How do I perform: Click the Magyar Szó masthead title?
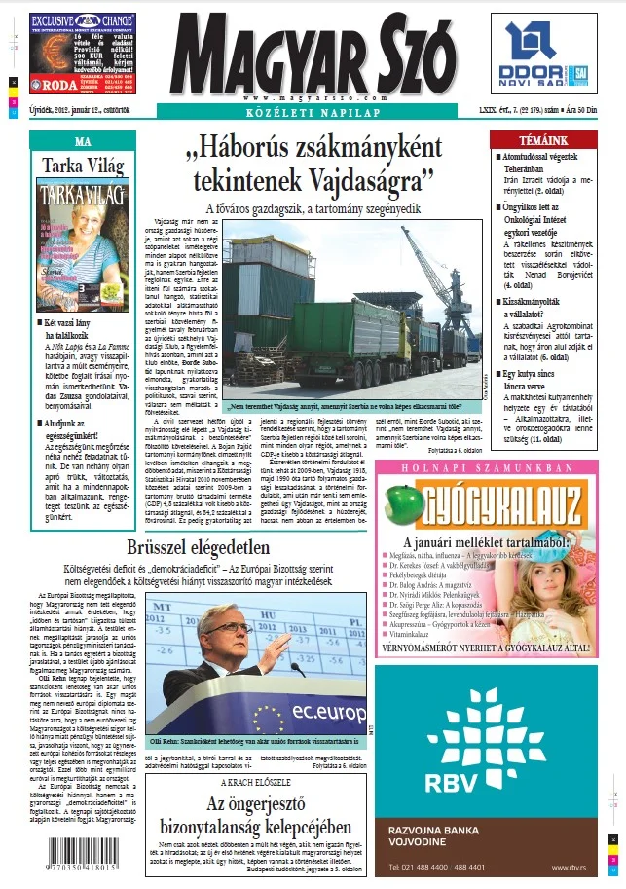(313, 54)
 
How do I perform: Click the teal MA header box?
(83, 140)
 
